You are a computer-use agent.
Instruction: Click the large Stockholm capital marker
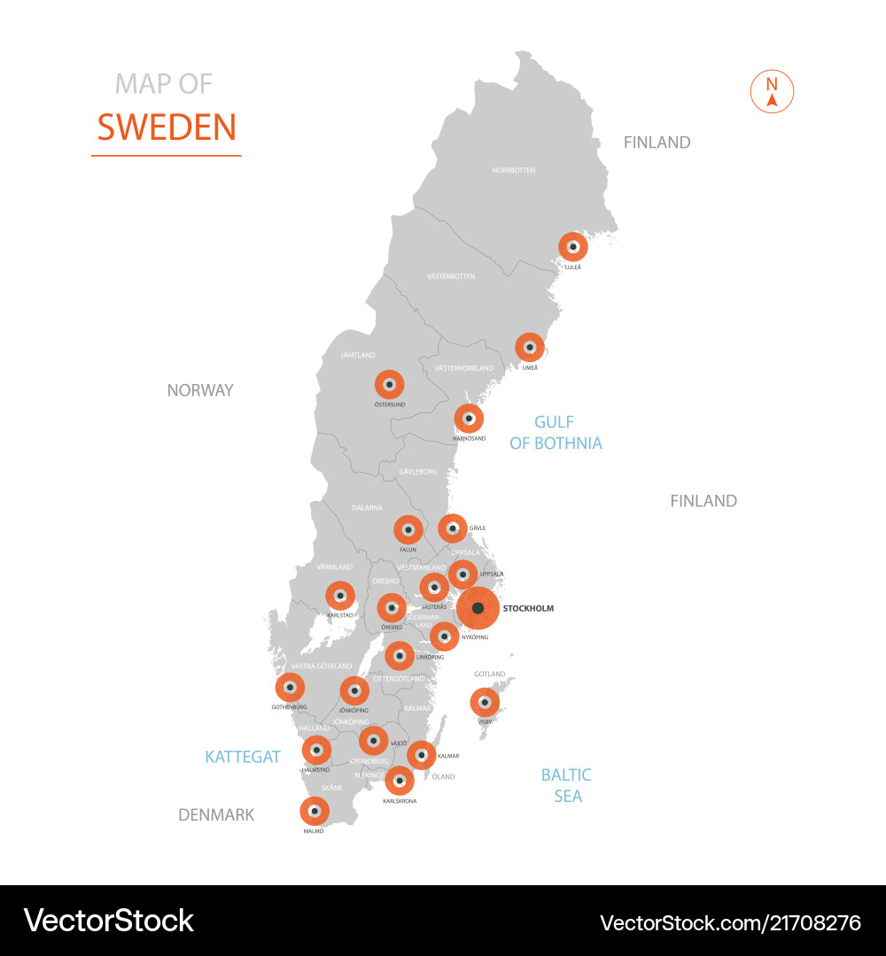pos(478,608)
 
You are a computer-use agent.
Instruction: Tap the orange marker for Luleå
pos(573,246)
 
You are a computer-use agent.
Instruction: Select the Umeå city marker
pos(530,347)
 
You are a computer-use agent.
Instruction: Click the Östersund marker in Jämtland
pos(389,384)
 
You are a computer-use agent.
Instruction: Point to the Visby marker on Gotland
pos(485,703)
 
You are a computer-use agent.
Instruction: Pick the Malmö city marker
pos(314,811)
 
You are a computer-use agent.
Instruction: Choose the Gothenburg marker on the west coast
pos(290,687)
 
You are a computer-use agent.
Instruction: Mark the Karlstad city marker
pos(339,596)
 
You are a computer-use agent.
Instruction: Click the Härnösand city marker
pos(469,418)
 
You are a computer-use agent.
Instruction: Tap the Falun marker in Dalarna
pos(408,530)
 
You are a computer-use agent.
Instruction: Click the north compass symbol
pos(772,92)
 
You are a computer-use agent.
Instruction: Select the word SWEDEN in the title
pos(167,127)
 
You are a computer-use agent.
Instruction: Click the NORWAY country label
pos(200,390)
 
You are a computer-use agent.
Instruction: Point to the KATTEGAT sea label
pos(243,757)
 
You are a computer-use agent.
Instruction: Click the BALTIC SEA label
pos(567,785)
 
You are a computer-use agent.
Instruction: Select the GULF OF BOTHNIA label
pos(556,433)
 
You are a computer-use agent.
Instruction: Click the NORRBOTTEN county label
pos(514,170)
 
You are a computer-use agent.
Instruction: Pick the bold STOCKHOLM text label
pos(528,609)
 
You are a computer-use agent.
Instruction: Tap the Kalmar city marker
pos(421,755)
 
